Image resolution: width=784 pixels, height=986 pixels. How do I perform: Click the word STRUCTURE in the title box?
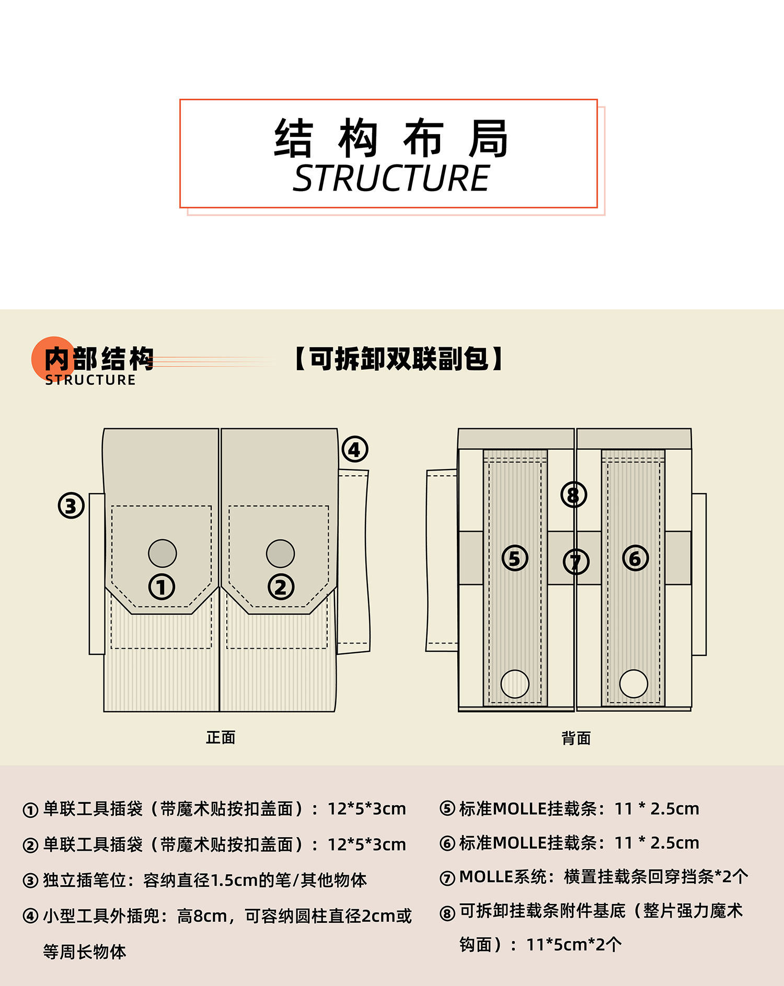(x=390, y=179)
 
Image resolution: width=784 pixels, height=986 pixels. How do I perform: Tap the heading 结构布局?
(x=390, y=138)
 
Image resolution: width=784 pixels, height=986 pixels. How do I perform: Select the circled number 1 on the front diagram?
(x=162, y=587)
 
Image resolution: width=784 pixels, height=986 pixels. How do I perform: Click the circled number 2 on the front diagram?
(x=281, y=587)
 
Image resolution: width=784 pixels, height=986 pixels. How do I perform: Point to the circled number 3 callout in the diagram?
(x=71, y=506)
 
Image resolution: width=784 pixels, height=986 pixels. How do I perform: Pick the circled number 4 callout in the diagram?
(x=355, y=449)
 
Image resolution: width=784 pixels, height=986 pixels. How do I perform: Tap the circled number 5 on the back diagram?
(x=515, y=558)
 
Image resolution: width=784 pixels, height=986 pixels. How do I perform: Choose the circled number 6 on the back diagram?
(x=635, y=558)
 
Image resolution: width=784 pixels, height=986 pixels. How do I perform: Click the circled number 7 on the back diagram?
(x=575, y=562)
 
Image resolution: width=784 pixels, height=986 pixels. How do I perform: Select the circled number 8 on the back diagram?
(x=573, y=495)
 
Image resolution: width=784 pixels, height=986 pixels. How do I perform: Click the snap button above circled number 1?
(x=162, y=554)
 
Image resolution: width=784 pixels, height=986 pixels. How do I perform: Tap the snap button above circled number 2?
(x=280, y=554)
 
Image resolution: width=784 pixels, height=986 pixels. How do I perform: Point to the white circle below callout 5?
(x=515, y=684)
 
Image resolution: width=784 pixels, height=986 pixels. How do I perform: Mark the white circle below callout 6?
(x=633, y=684)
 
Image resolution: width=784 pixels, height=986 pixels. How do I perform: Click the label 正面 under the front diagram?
(x=221, y=737)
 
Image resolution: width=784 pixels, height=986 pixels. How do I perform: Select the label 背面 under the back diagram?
(x=576, y=738)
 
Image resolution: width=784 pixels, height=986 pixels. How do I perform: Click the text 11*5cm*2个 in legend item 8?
(x=574, y=944)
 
